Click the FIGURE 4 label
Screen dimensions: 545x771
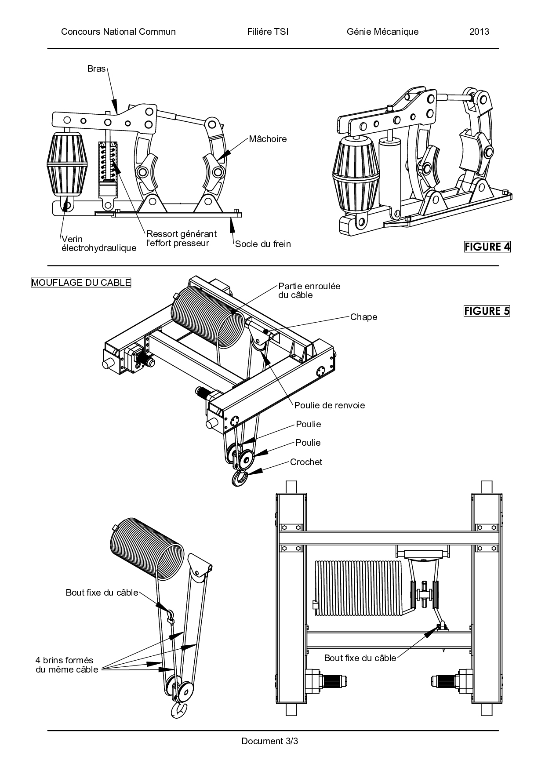pyautogui.click(x=487, y=247)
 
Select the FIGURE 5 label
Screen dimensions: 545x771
pyautogui.click(x=487, y=311)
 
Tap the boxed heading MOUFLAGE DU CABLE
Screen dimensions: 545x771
pyautogui.click(x=81, y=283)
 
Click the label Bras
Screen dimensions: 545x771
pyautogui.click(x=97, y=69)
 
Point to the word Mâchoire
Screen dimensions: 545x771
pyautogui.click(x=268, y=139)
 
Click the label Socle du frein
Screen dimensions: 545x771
pyautogui.click(x=263, y=244)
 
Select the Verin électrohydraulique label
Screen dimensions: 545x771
pyautogui.click(x=99, y=244)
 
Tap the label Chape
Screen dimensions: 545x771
pyautogui.click(x=363, y=317)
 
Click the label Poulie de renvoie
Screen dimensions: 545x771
pyautogui.click(x=330, y=405)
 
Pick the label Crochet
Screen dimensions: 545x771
pyautogui.click(x=306, y=462)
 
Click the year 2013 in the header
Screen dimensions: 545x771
pyautogui.click(x=479, y=32)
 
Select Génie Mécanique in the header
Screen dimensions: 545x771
pyautogui.click(x=382, y=32)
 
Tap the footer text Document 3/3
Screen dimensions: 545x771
pyautogui.click(x=270, y=741)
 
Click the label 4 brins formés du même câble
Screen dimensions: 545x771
pyautogui.click(x=67, y=665)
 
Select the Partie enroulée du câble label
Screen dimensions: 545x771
pyautogui.click(x=309, y=291)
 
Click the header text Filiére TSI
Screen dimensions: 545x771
pyautogui.click(x=268, y=32)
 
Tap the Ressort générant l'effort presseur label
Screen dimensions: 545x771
pyautogui.click(x=182, y=239)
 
